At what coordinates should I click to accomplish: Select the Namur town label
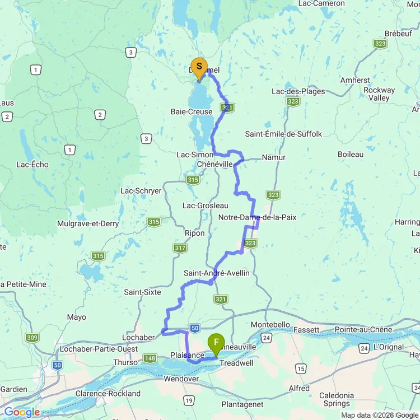[x=273, y=157]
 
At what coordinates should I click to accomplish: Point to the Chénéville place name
[x=214, y=164]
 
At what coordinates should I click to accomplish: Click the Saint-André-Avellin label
[x=216, y=273]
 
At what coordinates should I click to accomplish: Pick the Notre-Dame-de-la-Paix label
[x=257, y=217]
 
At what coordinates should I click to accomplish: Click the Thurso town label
[x=125, y=362]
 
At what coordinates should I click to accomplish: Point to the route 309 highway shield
[x=32, y=338]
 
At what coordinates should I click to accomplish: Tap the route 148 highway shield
[x=150, y=358]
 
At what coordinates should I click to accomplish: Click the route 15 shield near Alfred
[x=301, y=368]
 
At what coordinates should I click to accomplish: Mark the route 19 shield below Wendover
[x=189, y=400]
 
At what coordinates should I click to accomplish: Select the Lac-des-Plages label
[x=298, y=91]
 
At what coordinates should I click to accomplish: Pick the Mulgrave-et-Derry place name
[x=88, y=223]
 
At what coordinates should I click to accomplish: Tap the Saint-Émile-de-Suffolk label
[x=283, y=134]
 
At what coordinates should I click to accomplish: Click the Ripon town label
[x=194, y=233]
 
